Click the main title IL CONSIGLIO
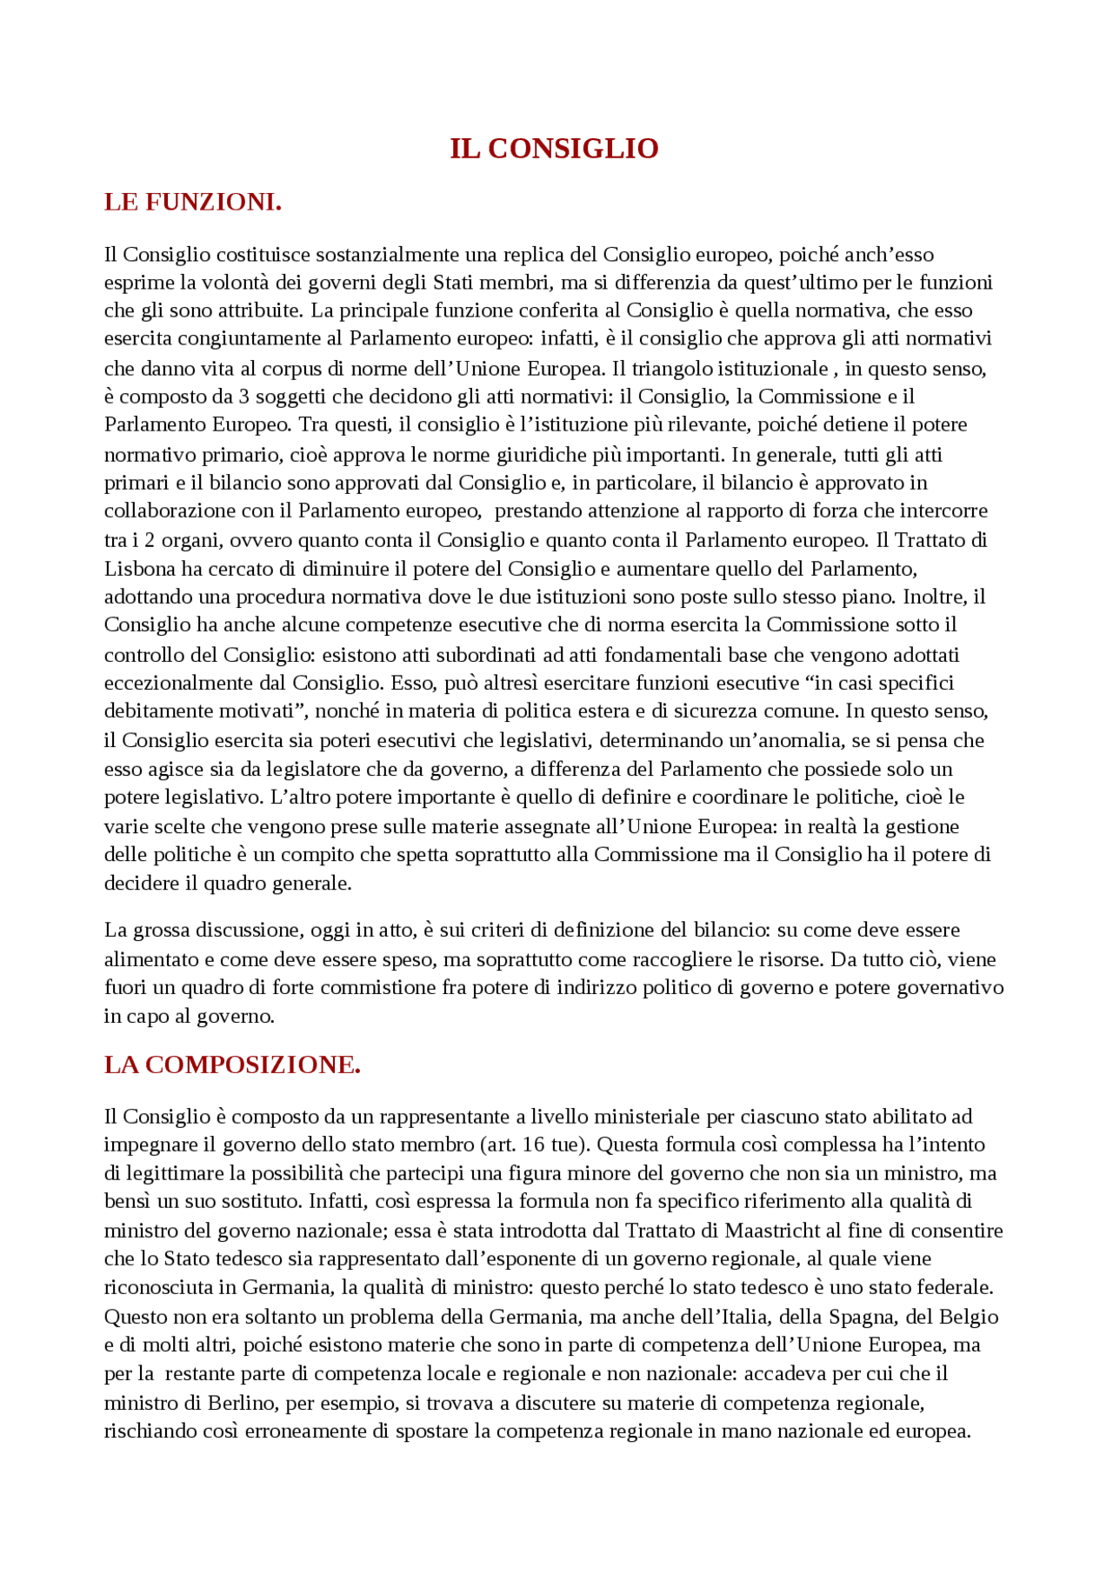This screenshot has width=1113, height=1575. (x=554, y=149)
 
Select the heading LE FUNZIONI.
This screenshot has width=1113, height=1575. (x=192, y=202)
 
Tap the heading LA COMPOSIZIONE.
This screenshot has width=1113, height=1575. (x=232, y=1064)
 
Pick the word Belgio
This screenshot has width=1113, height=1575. (x=969, y=1317)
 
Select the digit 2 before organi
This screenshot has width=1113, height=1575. (x=150, y=540)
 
